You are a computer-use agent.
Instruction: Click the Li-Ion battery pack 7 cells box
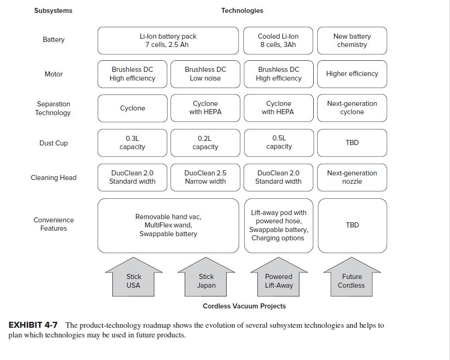[x=168, y=41]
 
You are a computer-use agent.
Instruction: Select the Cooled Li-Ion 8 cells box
[x=278, y=41]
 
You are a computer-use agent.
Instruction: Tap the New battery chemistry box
[x=352, y=41]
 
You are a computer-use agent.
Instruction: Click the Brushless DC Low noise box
[x=205, y=74]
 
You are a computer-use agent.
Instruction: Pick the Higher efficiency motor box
[x=352, y=74]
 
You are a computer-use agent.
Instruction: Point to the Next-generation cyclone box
[x=352, y=108]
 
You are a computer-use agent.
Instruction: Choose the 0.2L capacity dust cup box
[x=205, y=143]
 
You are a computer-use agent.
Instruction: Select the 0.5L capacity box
[x=279, y=142]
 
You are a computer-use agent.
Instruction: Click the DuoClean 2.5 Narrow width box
[x=205, y=177]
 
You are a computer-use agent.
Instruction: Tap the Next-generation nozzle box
[x=352, y=177]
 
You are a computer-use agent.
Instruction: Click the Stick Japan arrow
[x=206, y=279]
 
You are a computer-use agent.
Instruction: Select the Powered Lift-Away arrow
[x=279, y=279]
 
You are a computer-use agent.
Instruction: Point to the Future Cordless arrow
[x=351, y=279]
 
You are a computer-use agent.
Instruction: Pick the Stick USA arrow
[x=134, y=279]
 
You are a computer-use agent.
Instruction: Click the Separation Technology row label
[x=53, y=108]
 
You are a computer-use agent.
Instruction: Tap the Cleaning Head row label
[x=53, y=178]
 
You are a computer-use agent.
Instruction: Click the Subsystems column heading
[x=53, y=11]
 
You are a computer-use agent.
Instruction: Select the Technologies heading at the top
[x=242, y=11]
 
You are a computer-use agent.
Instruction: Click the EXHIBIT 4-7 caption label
[x=33, y=325]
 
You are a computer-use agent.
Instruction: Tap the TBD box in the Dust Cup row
[x=352, y=143]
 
